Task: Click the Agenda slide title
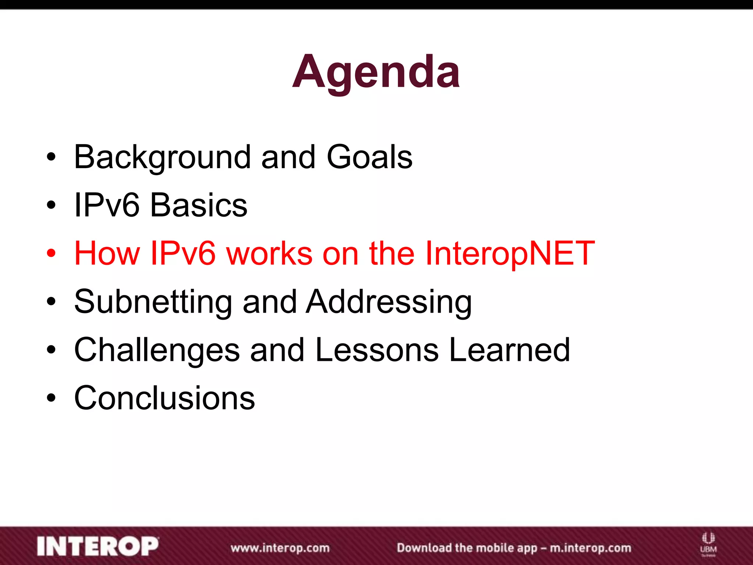376,72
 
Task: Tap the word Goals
369,157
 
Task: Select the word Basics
199,205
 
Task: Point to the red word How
107,253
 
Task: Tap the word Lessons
376,350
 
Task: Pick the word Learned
509,350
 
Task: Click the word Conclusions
164,398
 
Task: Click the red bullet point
51,253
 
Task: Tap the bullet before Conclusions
51,398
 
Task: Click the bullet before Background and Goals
51,157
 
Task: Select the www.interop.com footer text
280,548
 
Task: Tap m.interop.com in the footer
590,548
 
